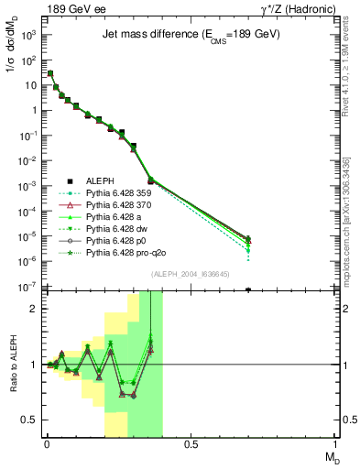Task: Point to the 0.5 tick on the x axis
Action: (191, 445)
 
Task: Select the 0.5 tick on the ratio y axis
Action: (30, 420)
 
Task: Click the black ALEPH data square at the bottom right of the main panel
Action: (249, 289)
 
